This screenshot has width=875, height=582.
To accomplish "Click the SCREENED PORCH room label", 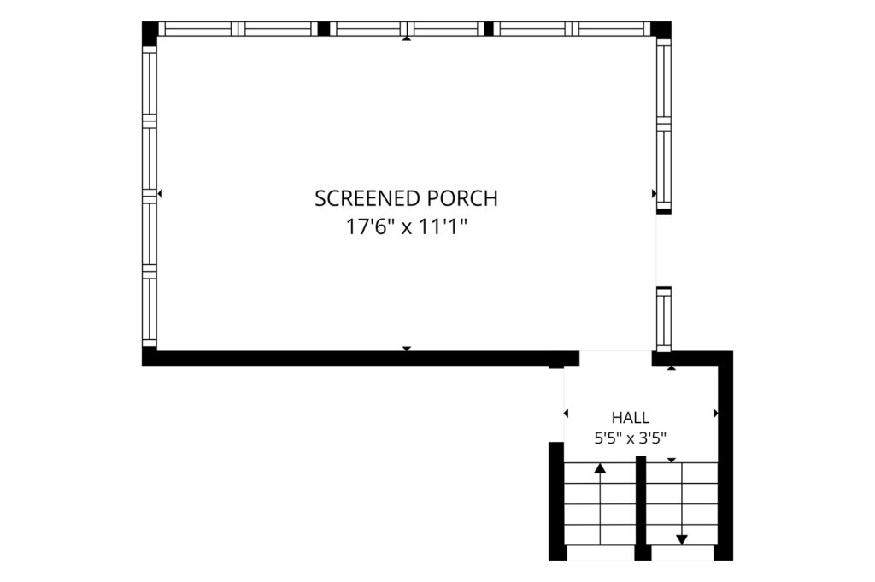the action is pos(406,198).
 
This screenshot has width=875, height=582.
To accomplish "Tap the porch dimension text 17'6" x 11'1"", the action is pos(406,227).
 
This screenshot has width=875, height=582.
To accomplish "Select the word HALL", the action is pos(630,417).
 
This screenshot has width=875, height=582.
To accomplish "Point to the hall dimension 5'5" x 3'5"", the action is pos(630,438).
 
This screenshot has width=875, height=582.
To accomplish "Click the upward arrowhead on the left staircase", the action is pos(600,468).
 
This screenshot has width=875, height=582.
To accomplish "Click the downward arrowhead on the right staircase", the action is pos(682,539).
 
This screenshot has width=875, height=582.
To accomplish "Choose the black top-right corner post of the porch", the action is pos(661,30).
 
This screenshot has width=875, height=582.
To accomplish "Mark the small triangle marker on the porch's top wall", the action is pos(407,38).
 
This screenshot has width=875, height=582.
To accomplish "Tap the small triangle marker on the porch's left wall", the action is pos(160,194).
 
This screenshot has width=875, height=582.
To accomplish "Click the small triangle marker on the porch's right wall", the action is pos(654,194).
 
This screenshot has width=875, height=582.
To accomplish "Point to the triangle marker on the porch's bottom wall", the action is pos(407,349).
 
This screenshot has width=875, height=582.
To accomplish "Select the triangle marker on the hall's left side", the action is pos(566,414).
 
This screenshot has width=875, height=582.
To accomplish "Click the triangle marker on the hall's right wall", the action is pos(716,414).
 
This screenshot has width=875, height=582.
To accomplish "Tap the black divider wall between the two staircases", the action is pos(641,508).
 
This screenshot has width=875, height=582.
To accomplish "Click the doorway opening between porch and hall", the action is pos(615,358).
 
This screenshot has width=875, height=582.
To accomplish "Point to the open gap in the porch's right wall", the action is pos(663,250).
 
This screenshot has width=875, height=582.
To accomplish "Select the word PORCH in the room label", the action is pos(462,198).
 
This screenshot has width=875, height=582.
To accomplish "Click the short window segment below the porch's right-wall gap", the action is pos(663,319).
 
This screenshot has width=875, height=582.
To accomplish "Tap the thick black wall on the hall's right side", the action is pos(725,456).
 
